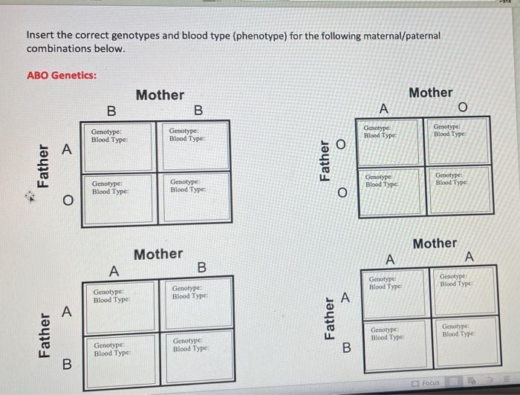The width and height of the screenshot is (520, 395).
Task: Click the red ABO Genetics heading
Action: click(x=62, y=76)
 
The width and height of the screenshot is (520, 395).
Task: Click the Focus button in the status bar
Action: click(x=430, y=383)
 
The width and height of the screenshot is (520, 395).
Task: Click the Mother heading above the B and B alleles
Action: click(x=160, y=94)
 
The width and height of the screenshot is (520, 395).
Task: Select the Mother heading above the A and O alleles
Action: click(x=431, y=92)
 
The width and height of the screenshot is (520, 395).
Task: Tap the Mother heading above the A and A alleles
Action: click(x=435, y=243)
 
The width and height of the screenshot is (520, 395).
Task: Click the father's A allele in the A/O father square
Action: click(x=66, y=150)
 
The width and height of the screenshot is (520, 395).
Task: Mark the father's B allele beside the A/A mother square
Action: click(x=345, y=347)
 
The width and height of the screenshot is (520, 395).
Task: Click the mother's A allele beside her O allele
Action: click(x=383, y=109)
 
